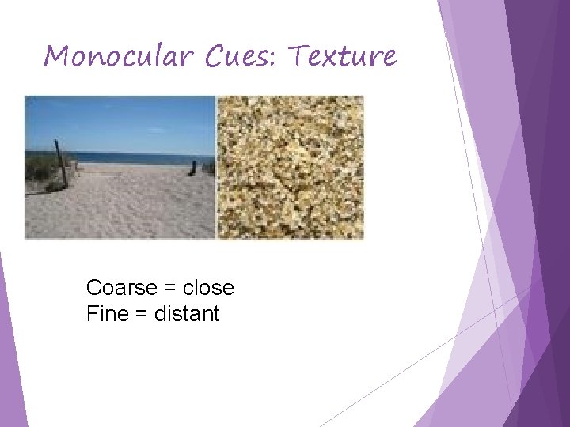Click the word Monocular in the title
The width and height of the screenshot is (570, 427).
point(116,56)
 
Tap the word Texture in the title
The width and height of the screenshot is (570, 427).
point(341,56)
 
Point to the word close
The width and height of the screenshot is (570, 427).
point(208,287)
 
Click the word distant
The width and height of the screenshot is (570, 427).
point(187,314)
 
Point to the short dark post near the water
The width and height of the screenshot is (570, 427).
point(192,168)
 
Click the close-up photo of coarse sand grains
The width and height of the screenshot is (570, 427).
point(290,168)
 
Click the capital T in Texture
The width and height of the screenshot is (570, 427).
point(299,55)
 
